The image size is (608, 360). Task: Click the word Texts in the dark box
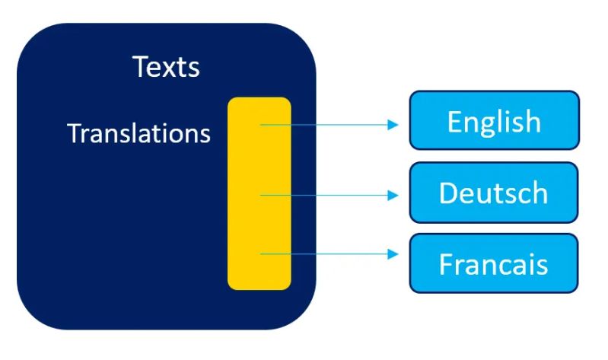166,67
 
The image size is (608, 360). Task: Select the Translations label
138,134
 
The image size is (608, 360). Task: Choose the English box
494,121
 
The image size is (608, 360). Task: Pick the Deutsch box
494,193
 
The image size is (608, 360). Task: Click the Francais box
494,263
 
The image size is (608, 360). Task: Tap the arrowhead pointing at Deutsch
393,196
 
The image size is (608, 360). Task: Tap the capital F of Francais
446,263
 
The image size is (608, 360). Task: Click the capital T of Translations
73,134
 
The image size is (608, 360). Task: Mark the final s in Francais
541,265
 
